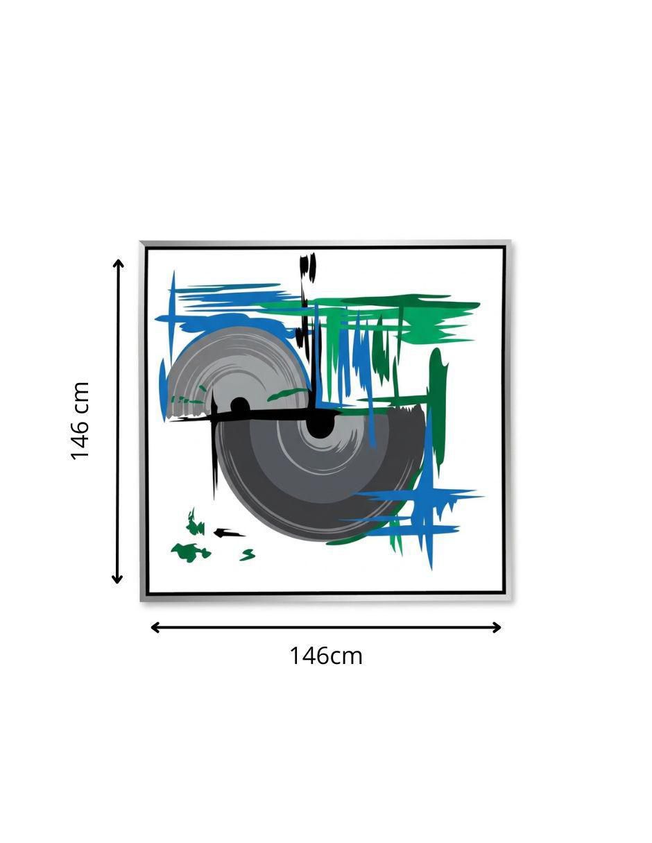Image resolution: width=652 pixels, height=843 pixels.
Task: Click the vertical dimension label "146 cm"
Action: pyautogui.click(x=80, y=421)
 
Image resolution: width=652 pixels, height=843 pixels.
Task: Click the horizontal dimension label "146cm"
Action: pyautogui.click(x=325, y=655)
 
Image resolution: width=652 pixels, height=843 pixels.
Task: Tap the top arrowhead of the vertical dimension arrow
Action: pyautogui.click(x=118, y=264)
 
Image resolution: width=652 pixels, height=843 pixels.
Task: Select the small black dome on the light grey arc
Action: pyautogui.click(x=239, y=405)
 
